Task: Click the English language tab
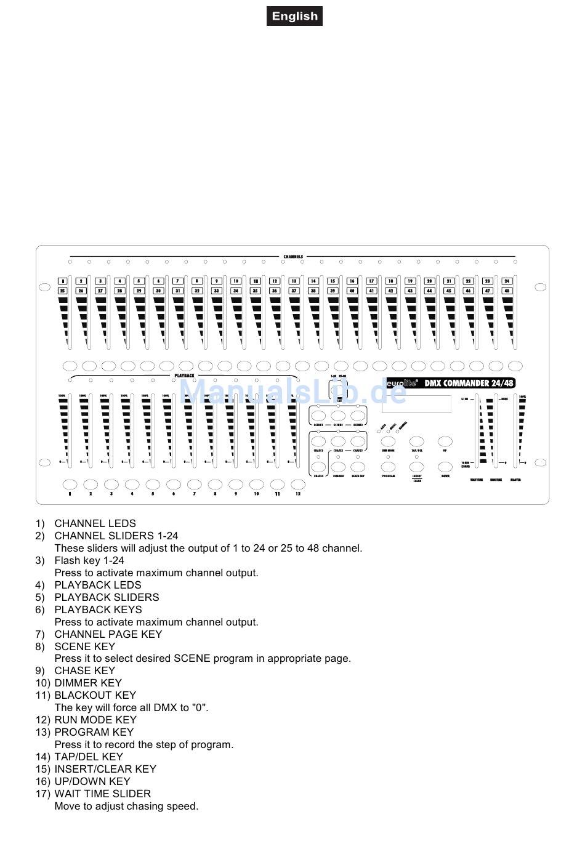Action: [x=294, y=17]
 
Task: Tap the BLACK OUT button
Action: [x=358, y=466]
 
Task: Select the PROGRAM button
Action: [x=388, y=466]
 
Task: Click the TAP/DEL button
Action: [x=417, y=441]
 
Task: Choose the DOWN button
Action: [x=445, y=466]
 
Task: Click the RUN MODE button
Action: [x=388, y=441]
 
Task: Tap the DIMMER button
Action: [x=338, y=466]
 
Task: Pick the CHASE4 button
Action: [x=318, y=466]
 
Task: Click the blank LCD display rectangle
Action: [x=416, y=404]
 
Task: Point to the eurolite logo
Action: [x=402, y=383]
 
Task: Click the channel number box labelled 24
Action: [x=507, y=281]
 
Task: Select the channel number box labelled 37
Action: [x=294, y=291]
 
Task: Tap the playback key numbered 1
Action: [x=70, y=485]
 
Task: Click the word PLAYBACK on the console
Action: [x=184, y=375]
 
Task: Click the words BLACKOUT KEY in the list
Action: [x=95, y=695]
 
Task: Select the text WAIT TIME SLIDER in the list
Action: [x=102, y=794]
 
